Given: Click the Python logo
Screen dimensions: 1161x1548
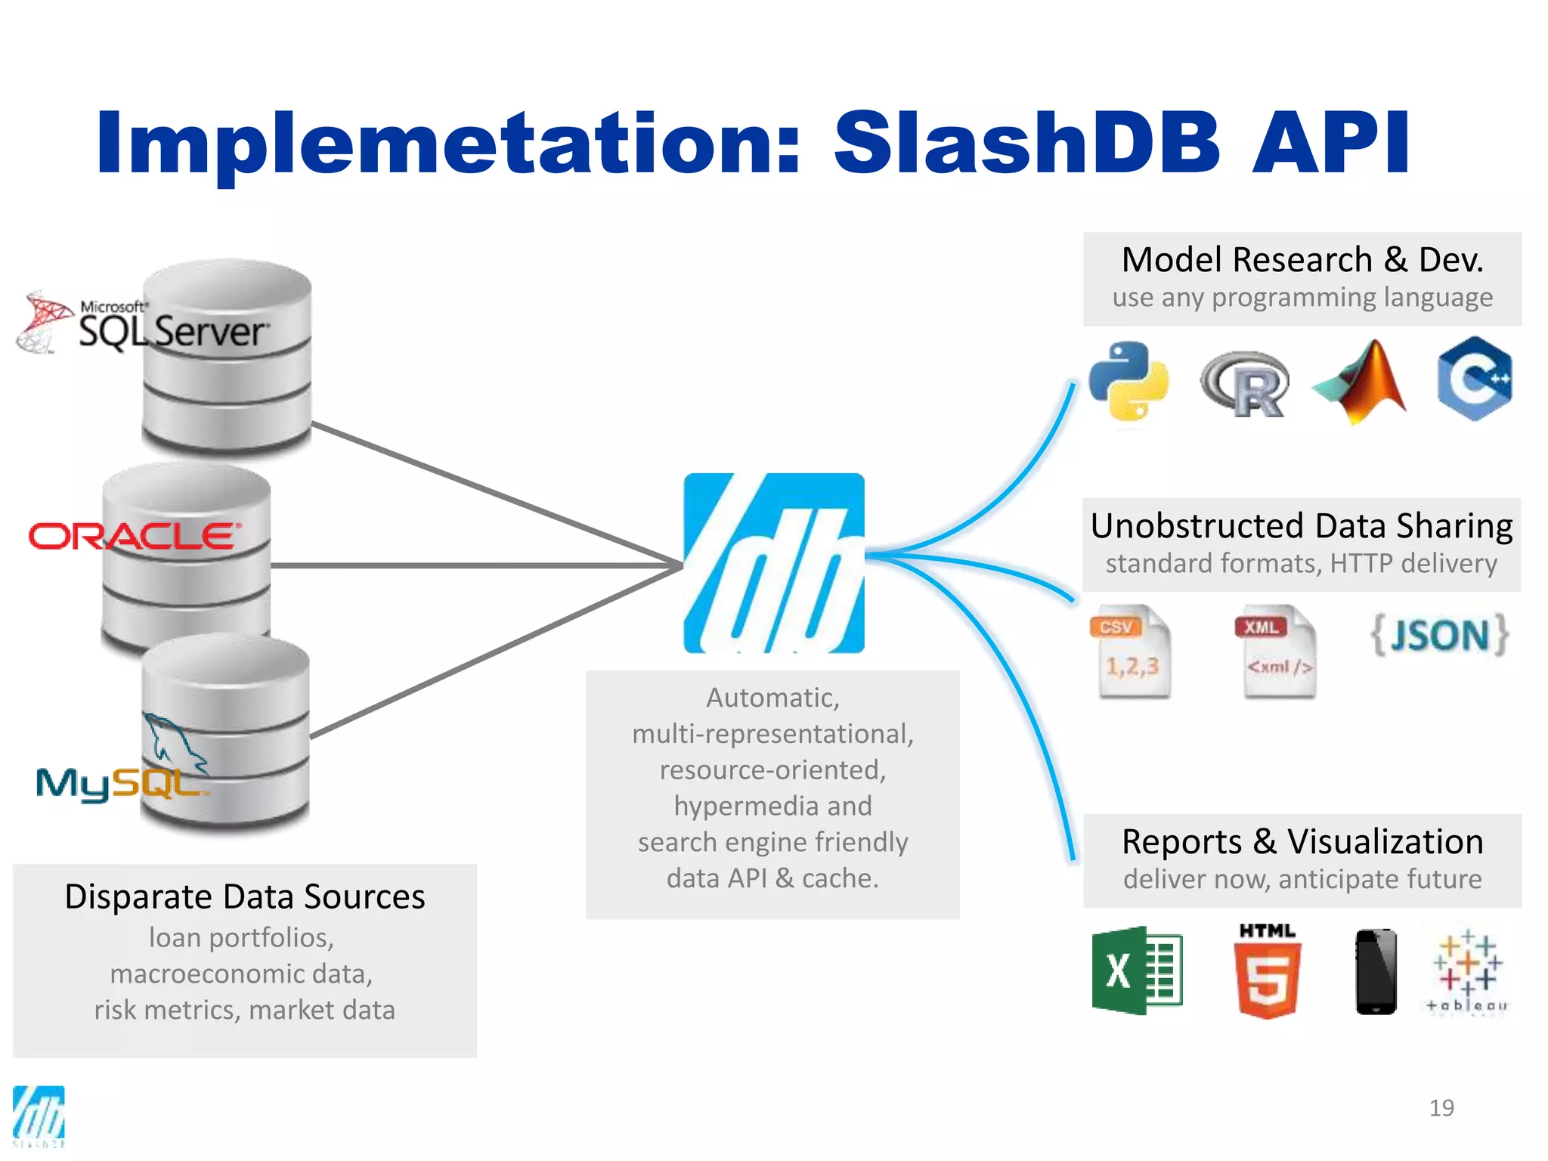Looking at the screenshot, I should click(x=1128, y=381).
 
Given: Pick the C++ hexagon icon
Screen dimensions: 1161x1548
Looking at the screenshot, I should click(x=1475, y=379).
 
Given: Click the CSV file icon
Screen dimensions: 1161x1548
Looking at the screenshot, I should click(x=1132, y=651).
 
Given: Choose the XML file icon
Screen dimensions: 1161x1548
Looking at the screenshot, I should click(x=1277, y=651).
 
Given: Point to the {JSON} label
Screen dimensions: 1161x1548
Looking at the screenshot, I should click(x=1440, y=635).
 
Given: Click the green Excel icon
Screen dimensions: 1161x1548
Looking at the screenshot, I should click(x=1136, y=970).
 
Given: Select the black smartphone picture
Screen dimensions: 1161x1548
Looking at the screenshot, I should click(x=1376, y=971).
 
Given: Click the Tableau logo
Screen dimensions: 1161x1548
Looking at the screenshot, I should click(x=1466, y=971).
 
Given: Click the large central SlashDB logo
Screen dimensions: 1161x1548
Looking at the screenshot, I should click(x=773, y=563).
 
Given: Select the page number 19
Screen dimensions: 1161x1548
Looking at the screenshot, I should click(x=1441, y=1108).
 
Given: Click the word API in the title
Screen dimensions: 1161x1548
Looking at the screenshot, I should click(x=1330, y=143).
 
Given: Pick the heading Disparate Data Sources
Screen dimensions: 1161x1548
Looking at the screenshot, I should click(x=245, y=896).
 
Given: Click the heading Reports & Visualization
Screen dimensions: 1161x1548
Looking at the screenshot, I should click(x=1302, y=841).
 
